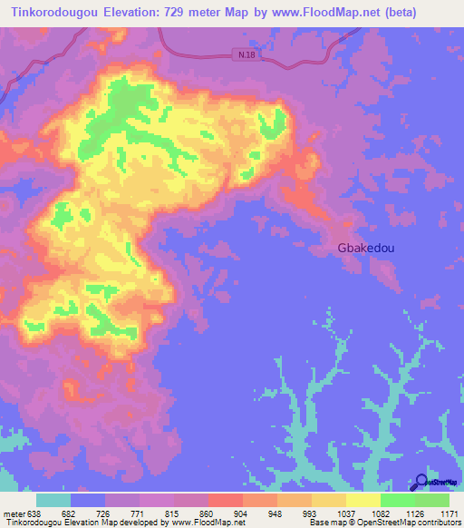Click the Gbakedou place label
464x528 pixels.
(x=365, y=247)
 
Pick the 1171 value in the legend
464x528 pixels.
(x=449, y=514)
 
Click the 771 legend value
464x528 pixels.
(x=134, y=514)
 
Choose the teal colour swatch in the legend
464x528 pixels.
(x=53, y=499)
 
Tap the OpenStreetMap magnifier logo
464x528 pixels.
(x=421, y=483)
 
